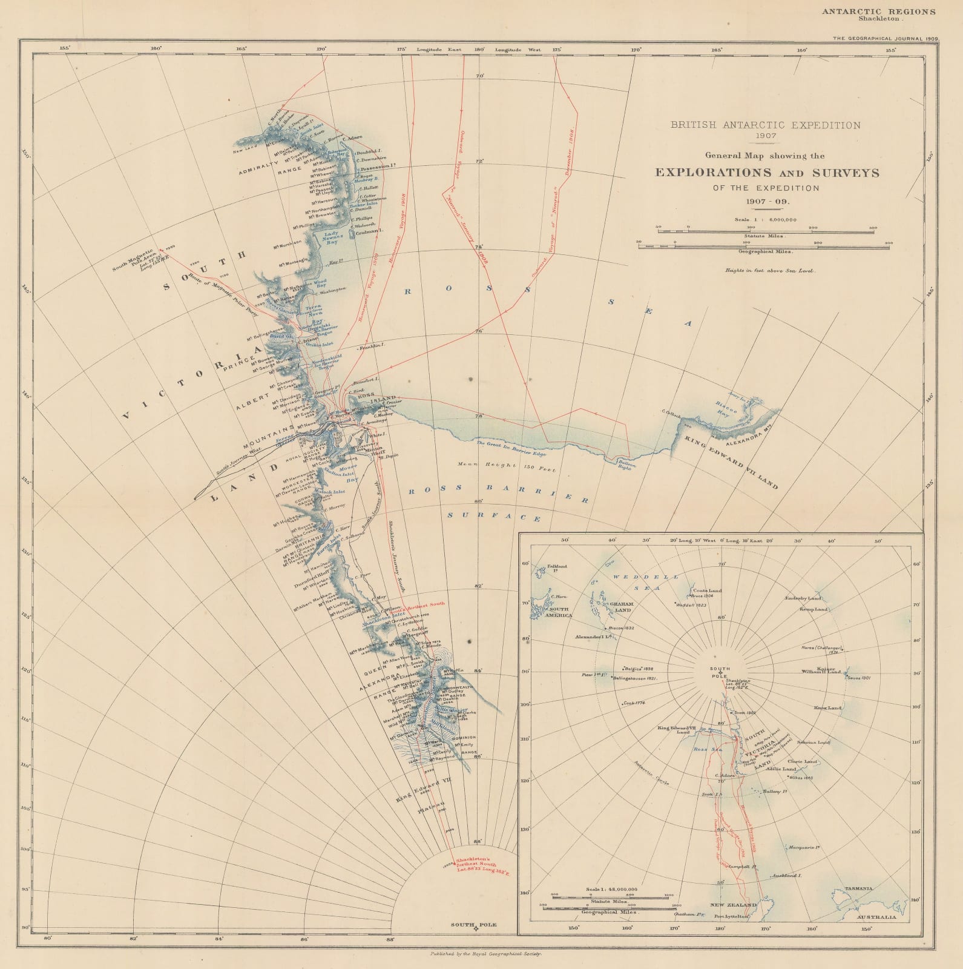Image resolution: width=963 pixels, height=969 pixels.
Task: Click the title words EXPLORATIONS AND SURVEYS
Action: pyautogui.click(x=767, y=173)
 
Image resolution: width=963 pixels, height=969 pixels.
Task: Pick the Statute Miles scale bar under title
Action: pyautogui.click(x=766, y=231)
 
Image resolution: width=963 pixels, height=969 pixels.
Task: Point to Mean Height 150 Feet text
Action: pyautogui.click(x=507, y=469)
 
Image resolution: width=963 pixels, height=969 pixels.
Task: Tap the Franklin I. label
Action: pyautogui.click(x=372, y=348)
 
